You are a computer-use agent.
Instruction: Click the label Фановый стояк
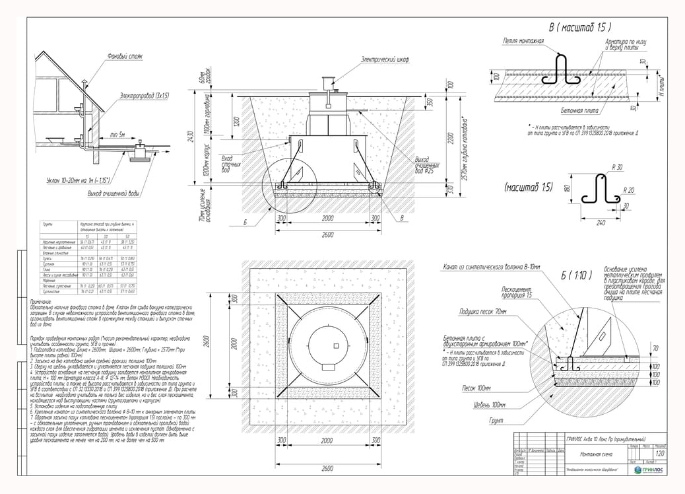tap(125, 57)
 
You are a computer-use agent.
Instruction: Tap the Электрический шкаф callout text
tap(385, 59)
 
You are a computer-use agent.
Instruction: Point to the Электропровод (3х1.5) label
tap(145, 96)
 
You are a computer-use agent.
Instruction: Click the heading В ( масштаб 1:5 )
tap(579, 28)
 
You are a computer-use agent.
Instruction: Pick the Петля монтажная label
tap(523, 41)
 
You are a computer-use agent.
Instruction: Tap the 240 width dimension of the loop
tap(601, 223)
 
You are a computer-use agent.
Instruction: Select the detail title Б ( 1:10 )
tap(573, 274)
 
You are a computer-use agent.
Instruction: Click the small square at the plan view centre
tap(336, 346)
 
